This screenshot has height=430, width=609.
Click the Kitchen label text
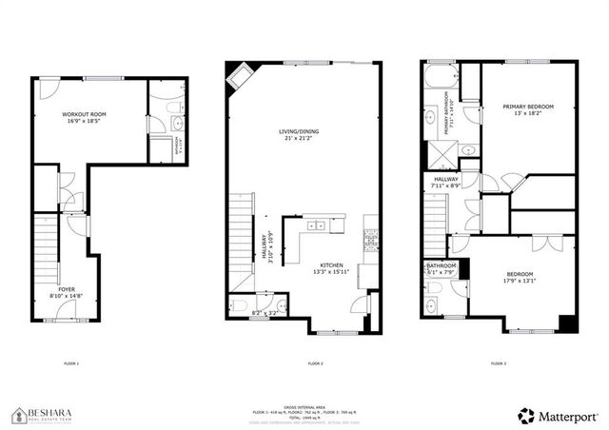(x=330, y=266)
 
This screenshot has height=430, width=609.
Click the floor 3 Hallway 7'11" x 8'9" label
(x=447, y=182)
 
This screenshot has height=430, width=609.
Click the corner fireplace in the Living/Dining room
(x=237, y=76)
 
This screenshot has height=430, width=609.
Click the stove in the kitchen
(x=370, y=237)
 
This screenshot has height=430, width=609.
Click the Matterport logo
(x=557, y=415)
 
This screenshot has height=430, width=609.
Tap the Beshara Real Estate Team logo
(x=48, y=414)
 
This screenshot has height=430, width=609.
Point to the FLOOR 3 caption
(x=498, y=363)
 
